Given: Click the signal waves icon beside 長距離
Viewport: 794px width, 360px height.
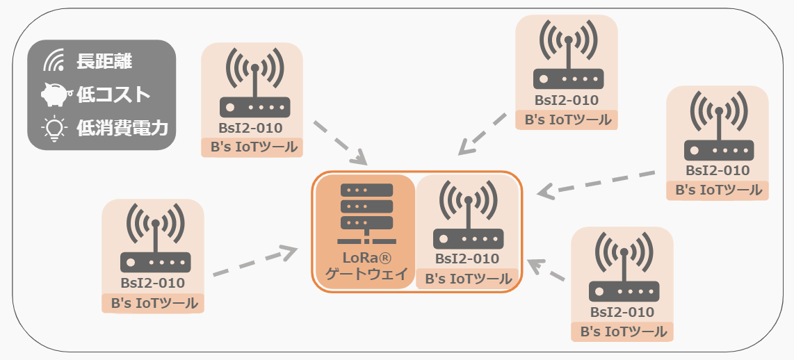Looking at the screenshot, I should coord(54,61).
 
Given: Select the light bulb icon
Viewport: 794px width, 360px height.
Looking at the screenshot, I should coord(54,128).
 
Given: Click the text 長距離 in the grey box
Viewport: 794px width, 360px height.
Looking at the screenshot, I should coord(104,61).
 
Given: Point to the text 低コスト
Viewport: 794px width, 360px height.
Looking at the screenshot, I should coord(113,95).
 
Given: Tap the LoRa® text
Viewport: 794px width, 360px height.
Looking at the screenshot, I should coord(365,259).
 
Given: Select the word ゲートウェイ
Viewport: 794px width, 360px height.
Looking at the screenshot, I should coord(365,275).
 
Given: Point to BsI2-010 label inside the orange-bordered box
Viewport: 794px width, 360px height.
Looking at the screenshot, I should coord(467,259).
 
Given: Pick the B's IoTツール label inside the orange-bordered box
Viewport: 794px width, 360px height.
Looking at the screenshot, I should coord(467,279).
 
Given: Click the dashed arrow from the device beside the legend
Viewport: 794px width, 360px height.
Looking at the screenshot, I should coord(340,143).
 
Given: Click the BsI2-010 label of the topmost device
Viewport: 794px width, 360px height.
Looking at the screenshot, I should coord(567,100).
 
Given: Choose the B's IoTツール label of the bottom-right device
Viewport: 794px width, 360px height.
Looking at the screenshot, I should coord(622,332).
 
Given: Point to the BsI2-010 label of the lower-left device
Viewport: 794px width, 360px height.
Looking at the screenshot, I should coord(153,283).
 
